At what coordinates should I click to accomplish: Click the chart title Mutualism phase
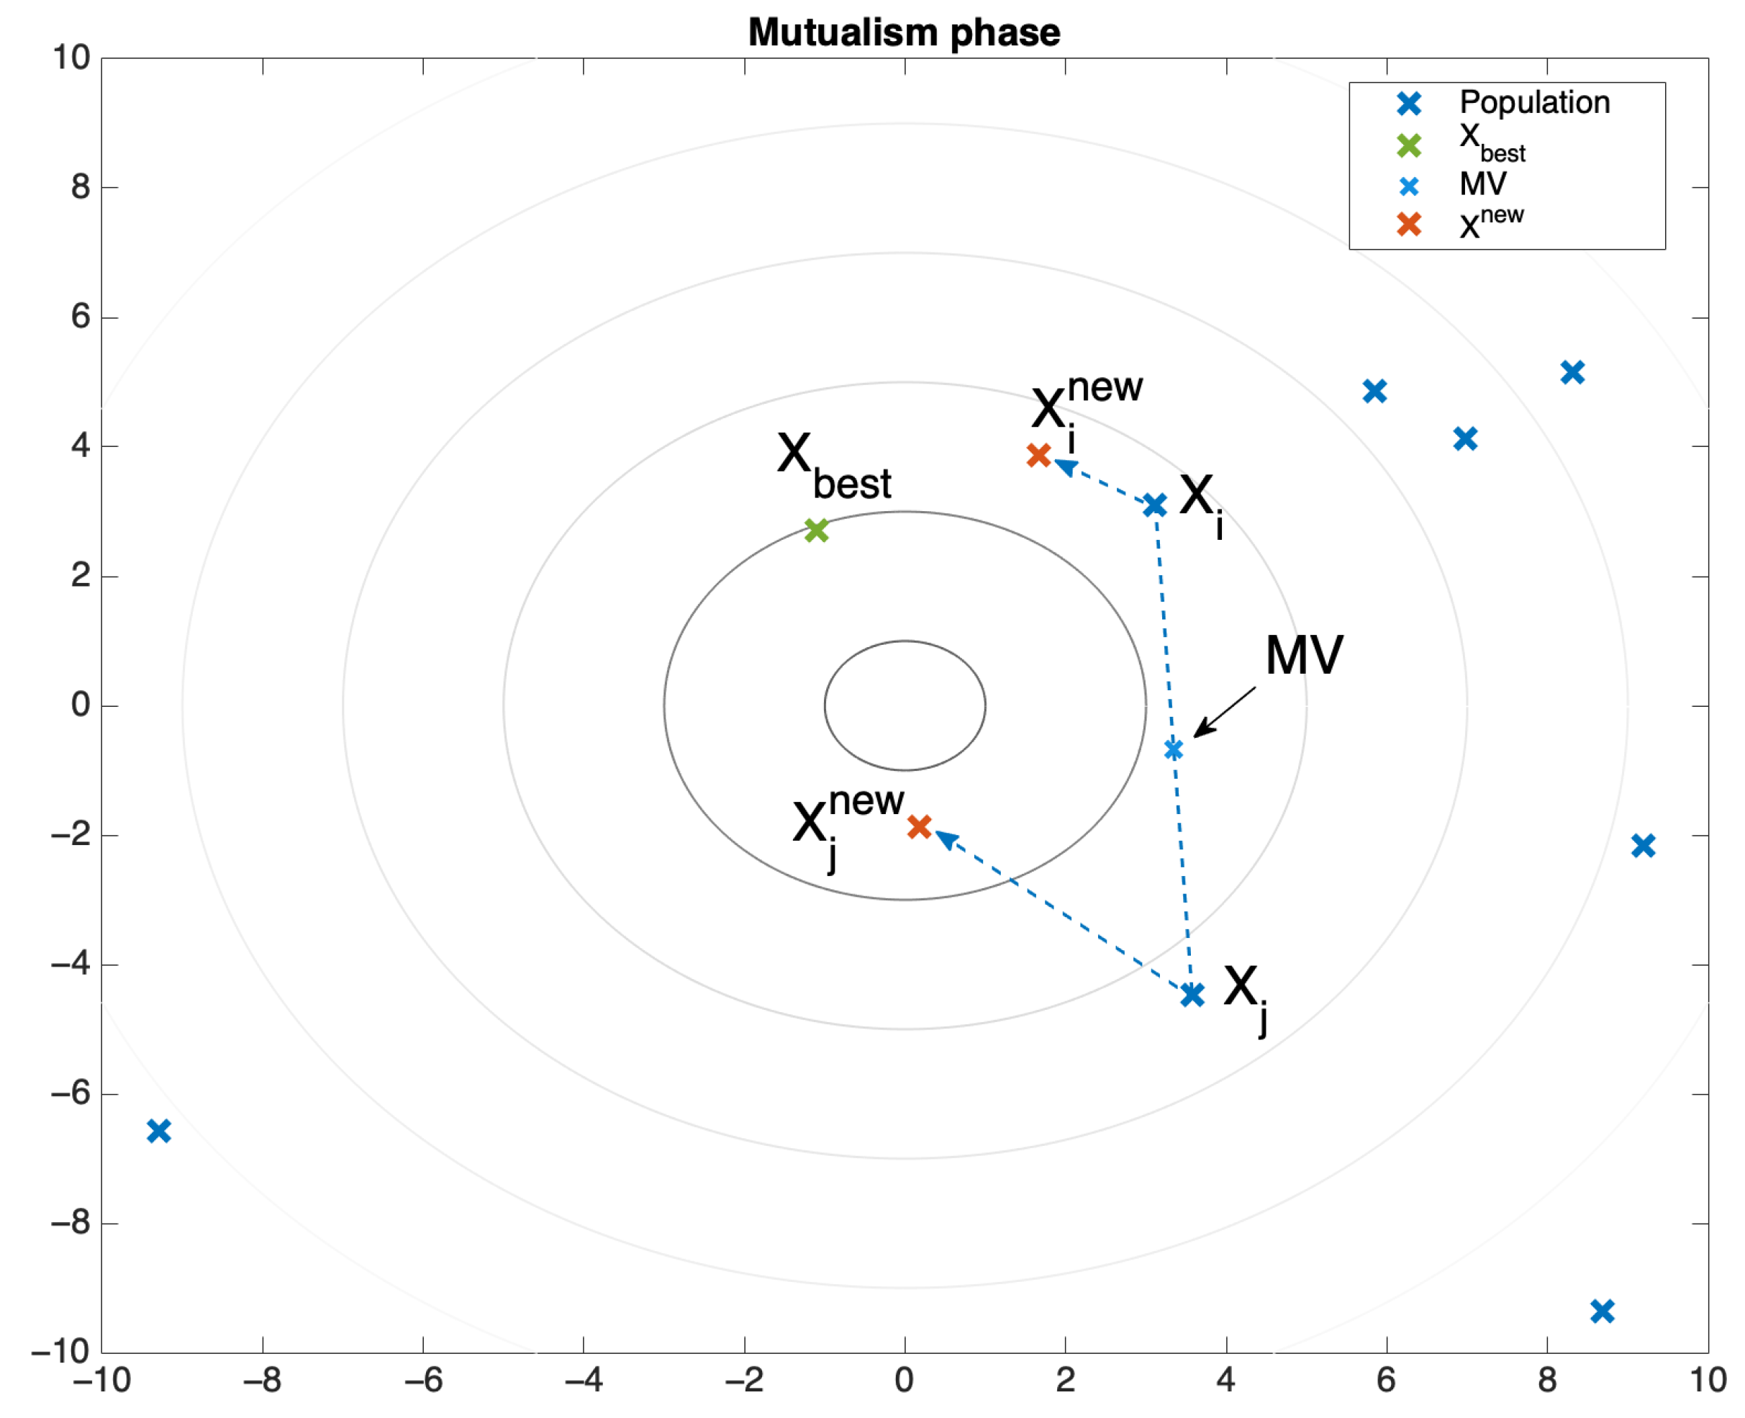tap(903, 32)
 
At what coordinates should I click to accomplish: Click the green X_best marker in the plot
tap(816, 530)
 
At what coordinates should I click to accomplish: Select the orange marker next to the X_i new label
tap(1038, 455)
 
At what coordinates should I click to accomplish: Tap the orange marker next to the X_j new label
tap(920, 826)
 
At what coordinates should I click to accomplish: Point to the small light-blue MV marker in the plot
tap(1174, 749)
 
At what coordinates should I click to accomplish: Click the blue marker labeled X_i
tap(1153, 505)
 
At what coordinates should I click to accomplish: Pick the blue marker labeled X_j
tap(1192, 994)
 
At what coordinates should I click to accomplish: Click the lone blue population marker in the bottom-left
tap(158, 1132)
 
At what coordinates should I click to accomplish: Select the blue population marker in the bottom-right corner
tap(1602, 1311)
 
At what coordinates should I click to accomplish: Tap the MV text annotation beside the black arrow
tap(1303, 655)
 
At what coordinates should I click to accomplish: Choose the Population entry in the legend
tap(1533, 103)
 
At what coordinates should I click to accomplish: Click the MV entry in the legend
tap(1482, 184)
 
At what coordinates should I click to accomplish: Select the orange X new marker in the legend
tap(1408, 224)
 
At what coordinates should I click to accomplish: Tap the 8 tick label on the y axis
tap(80, 187)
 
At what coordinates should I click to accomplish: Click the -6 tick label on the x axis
tap(423, 1380)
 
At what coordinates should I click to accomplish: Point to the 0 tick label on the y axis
tap(80, 704)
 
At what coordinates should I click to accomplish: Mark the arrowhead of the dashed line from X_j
tap(945, 837)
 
